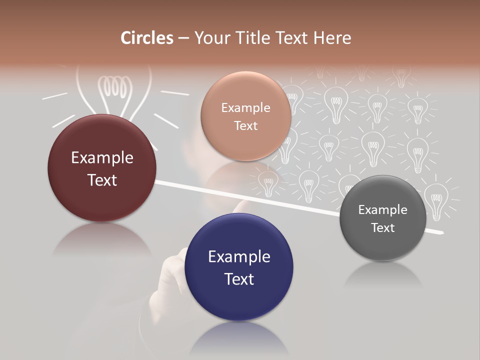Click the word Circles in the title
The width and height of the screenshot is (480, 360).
pos(147,38)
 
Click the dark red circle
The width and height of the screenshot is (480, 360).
pos(102,168)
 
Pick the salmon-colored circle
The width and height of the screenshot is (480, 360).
pos(245,116)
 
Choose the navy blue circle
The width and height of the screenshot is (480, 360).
pos(239,267)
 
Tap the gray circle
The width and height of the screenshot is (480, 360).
pos(383,218)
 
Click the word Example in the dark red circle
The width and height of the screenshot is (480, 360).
pos(102,158)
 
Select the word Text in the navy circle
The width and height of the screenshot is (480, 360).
pos(239,279)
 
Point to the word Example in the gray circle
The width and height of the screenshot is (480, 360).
pos(383,209)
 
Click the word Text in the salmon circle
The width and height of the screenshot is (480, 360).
pos(245,125)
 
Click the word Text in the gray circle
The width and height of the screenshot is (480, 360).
pos(383,228)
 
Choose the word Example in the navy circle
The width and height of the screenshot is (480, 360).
pos(239,257)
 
